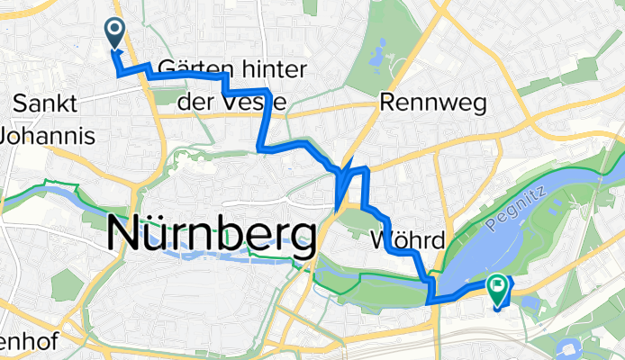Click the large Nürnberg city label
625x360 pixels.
click(213, 234)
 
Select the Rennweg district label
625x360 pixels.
click(433, 103)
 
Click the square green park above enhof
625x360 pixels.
click(68, 285)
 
